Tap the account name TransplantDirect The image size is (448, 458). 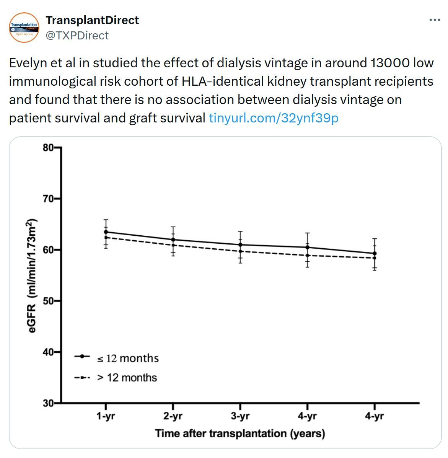click(92, 20)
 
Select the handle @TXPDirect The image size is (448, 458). click(77, 36)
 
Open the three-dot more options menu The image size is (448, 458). click(435, 20)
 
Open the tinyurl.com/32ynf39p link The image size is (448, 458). click(274, 118)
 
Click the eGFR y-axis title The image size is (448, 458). click(33, 275)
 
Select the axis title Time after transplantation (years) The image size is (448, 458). click(240, 434)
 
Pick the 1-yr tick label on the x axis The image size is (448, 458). click(106, 416)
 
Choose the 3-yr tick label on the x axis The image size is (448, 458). click(240, 416)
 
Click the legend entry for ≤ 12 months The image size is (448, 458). click(127, 358)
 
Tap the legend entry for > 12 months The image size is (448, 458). click(127, 378)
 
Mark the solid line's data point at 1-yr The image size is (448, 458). click(106, 232)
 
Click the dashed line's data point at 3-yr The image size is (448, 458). click(240, 251)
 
